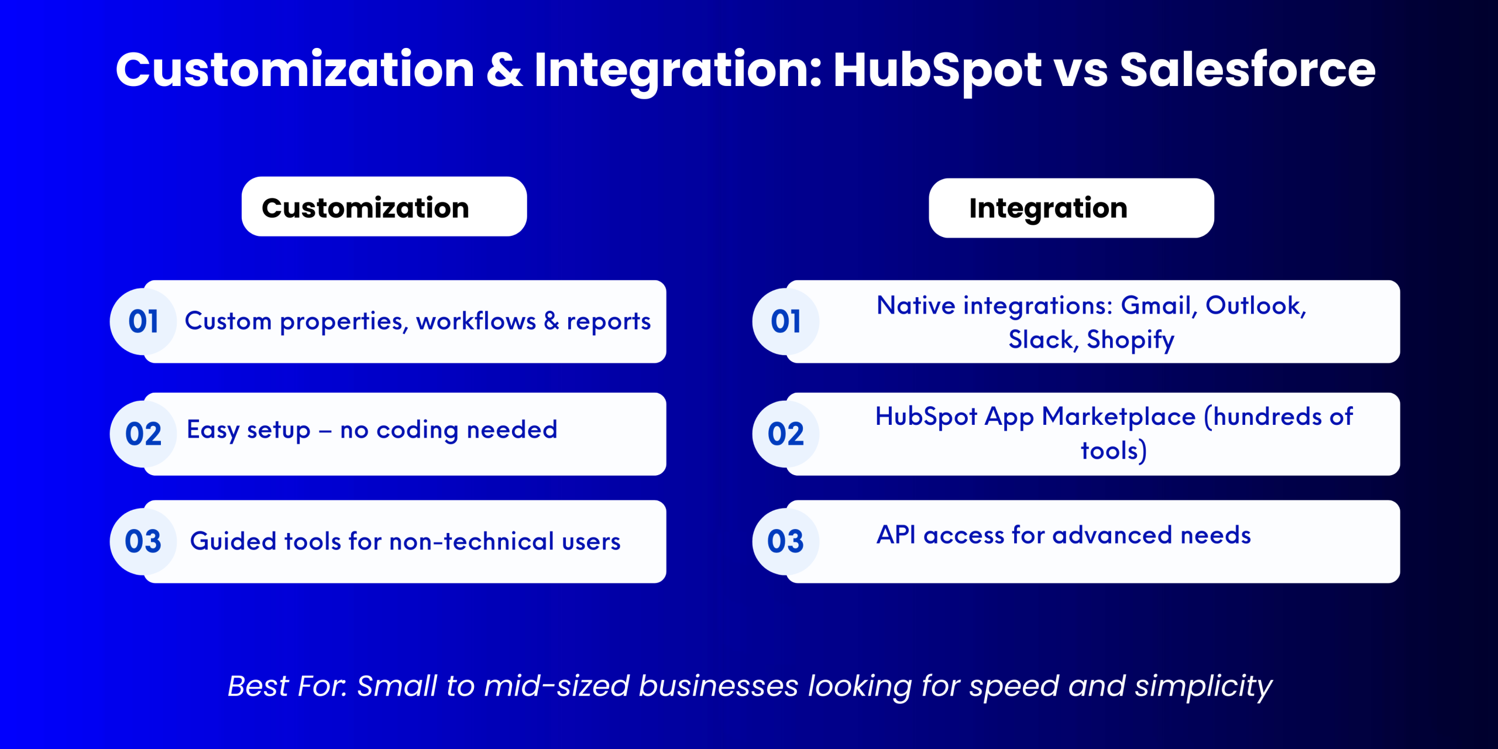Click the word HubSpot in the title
(x=937, y=71)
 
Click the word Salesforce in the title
(x=1248, y=70)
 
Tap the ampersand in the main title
(x=504, y=70)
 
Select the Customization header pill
(x=384, y=207)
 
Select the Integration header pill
(x=1071, y=208)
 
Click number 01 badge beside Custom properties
(x=143, y=321)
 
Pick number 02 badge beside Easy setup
(x=143, y=434)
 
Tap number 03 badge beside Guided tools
(x=143, y=541)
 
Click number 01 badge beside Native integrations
(x=786, y=321)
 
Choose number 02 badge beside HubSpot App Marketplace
(x=786, y=434)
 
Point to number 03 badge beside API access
(x=786, y=541)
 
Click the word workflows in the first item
(x=476, y=321)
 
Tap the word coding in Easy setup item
(x=417, y=430)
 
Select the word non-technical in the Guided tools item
(x=472, y=541)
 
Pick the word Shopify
(x=1131, y=339)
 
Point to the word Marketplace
(x=1119, y=417)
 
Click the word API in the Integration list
(x=896, y=535)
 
